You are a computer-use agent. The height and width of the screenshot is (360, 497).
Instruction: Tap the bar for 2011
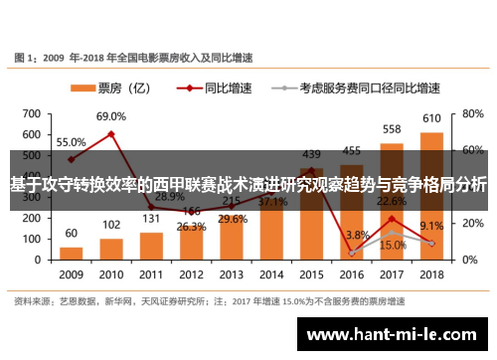coord(151,245)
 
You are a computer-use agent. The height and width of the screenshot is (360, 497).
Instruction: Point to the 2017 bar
coord(392,200)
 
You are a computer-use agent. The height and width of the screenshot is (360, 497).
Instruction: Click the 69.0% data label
coord(110,117)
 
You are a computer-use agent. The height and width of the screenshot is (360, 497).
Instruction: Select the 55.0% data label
coord(71,142)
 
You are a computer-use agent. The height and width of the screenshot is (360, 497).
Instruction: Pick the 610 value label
coord(431,119)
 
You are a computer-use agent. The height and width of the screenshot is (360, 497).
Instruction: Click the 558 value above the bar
coord(392,130)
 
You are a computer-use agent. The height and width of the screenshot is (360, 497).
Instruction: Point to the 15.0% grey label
coord(392,245)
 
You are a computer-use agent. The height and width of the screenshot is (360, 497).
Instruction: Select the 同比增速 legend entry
coord(218,88)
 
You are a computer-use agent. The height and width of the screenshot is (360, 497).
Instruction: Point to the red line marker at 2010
coord(110,134)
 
